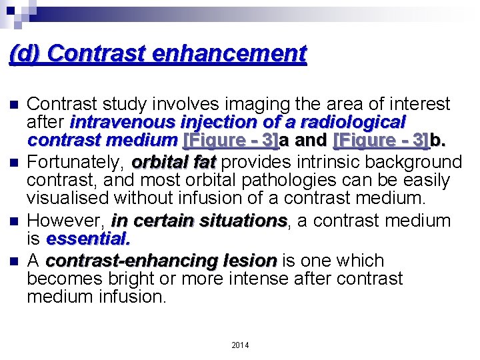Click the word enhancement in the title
229,53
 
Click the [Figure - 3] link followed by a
229,141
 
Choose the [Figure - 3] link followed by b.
381,141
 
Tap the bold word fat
202,162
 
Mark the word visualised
71,198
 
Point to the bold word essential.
89,238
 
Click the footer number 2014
240,345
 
